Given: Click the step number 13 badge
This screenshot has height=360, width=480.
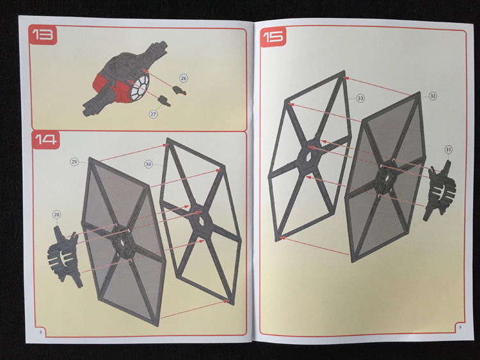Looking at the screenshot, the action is pos(43,35).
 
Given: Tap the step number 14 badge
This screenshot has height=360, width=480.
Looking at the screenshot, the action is pos(45,139).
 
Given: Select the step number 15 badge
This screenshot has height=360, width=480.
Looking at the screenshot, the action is pos(273,37).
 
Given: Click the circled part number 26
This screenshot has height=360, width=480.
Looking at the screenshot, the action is pos(183,78).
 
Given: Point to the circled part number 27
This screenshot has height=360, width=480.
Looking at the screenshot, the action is pos(154,114).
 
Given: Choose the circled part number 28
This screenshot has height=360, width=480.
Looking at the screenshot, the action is pos(56,215).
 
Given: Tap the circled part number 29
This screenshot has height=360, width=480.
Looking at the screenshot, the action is pos(74,162).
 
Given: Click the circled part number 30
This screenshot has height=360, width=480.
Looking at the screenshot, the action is pos(148,164).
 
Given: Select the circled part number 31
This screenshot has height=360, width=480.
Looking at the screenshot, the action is pos(449,150).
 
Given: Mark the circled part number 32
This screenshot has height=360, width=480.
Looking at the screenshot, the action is pos(433,96).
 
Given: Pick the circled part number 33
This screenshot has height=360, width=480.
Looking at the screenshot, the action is pos(360,98).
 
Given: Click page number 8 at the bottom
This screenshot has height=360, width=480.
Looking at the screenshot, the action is pos(40,332).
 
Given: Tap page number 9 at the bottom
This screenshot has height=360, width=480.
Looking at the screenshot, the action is pos(460,327).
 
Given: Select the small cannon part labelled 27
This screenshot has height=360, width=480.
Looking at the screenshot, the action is pos(164,101).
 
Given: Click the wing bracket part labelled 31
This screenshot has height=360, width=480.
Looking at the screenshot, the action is pos(440,191).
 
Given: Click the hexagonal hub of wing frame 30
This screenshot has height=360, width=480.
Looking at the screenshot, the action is pos(200,221).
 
